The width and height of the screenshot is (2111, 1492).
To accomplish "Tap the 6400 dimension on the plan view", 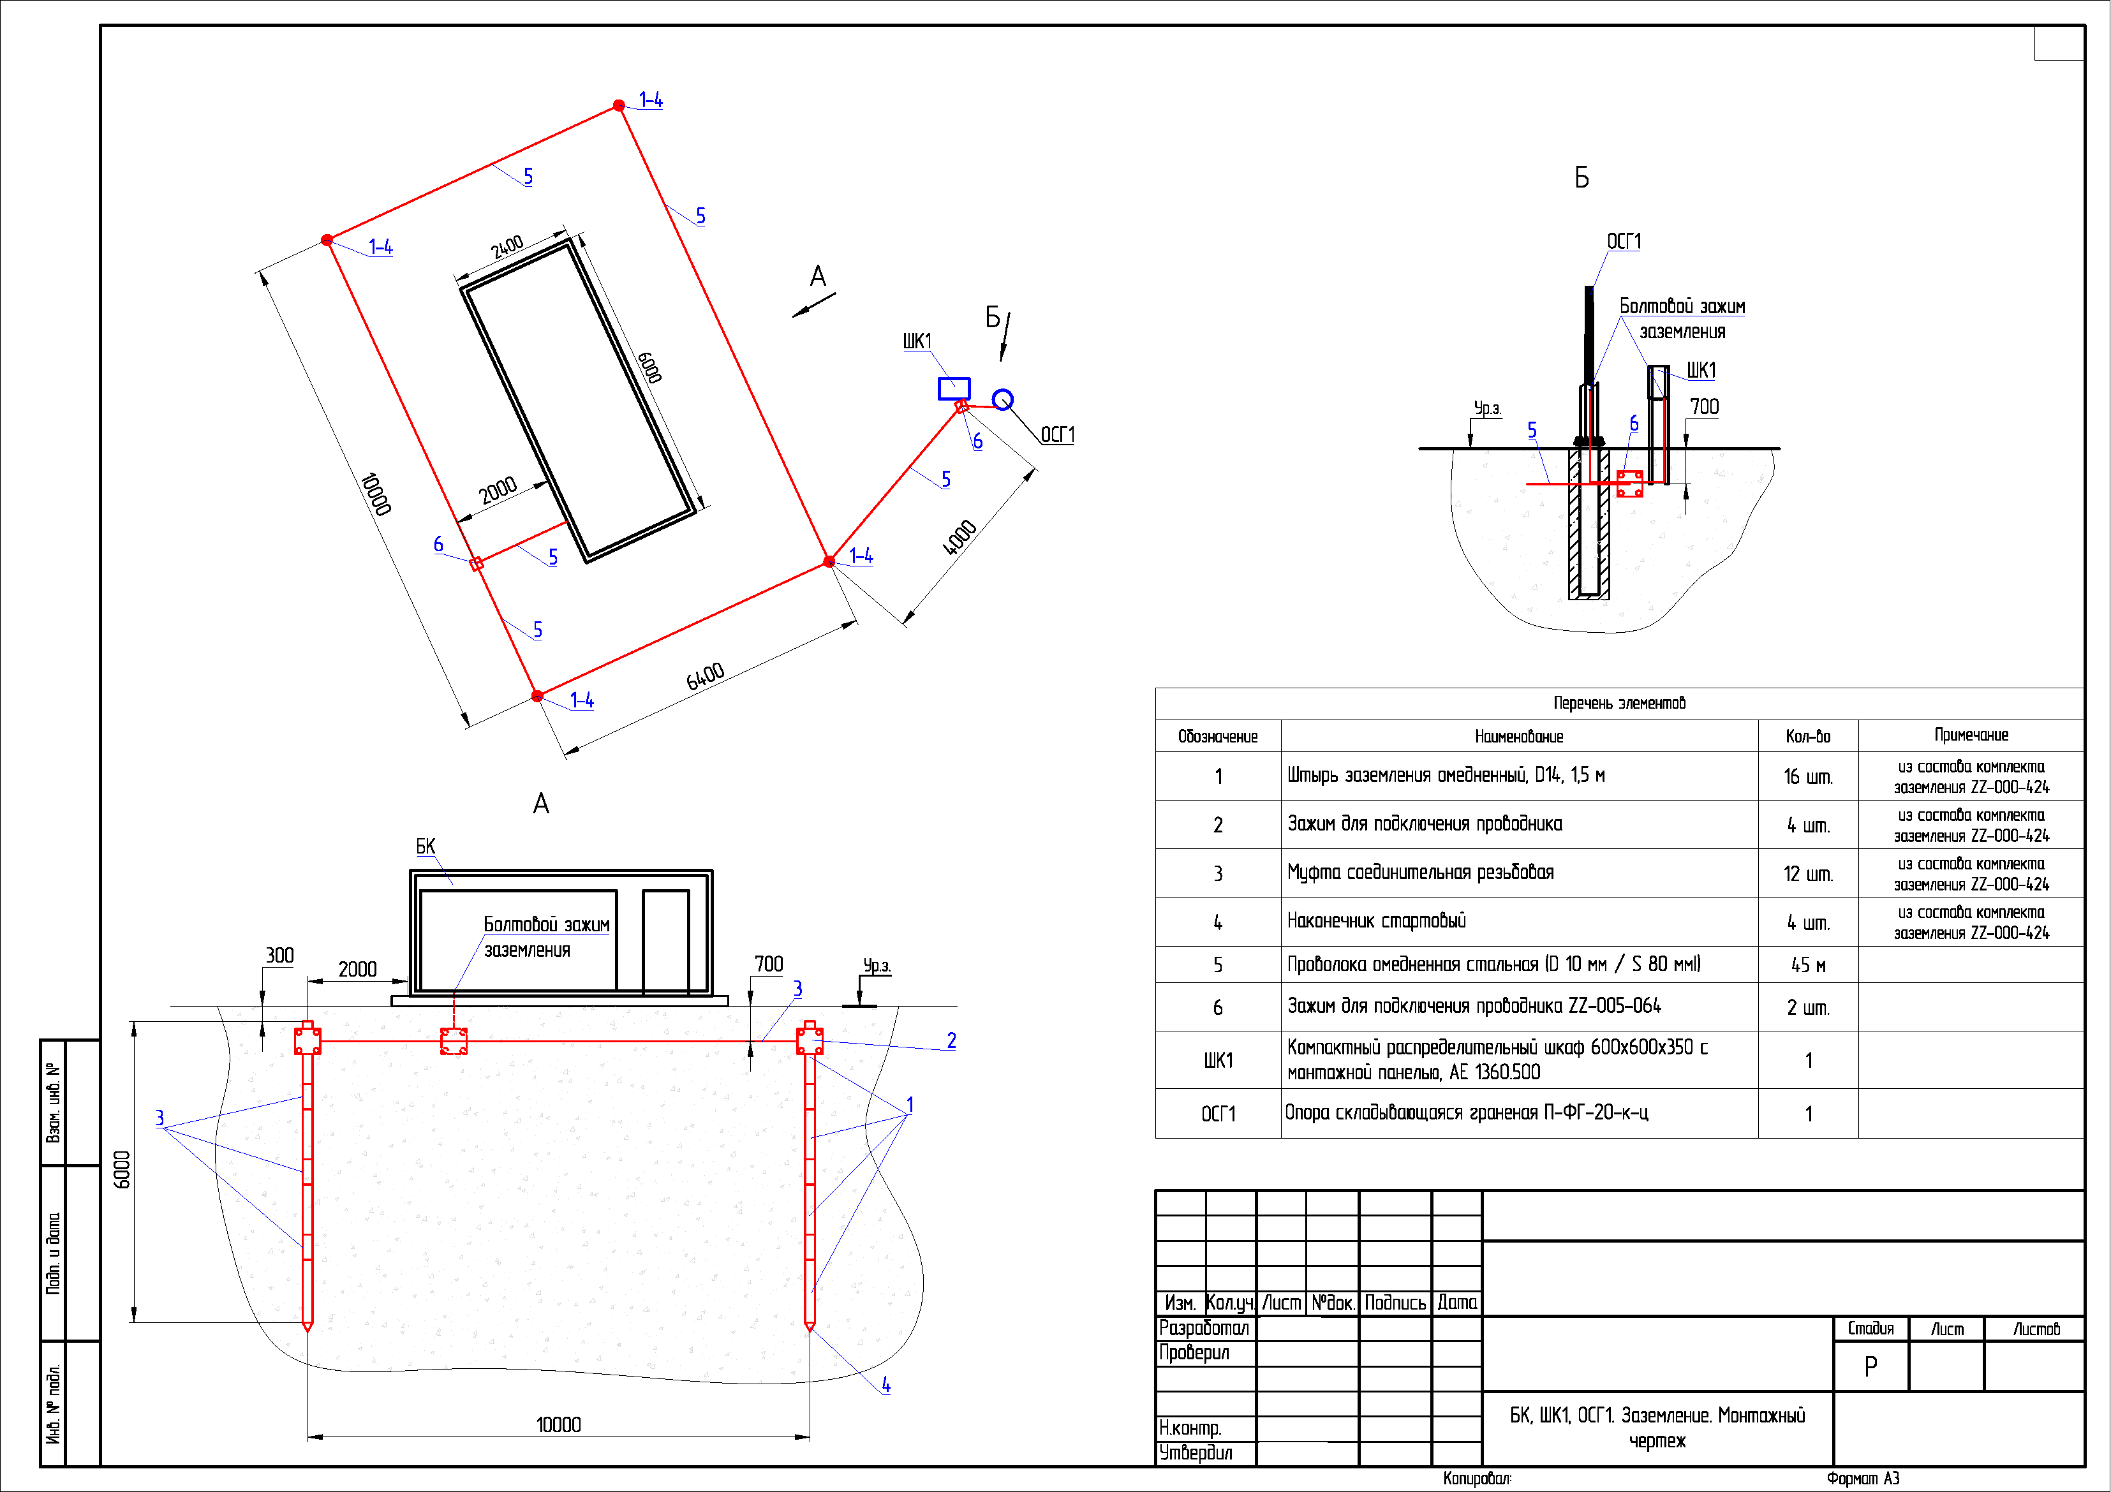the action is [x=705, y=677].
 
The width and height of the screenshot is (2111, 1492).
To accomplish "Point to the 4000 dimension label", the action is [x=959, y=538].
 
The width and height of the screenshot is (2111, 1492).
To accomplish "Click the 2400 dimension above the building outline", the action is [x=507, y=246].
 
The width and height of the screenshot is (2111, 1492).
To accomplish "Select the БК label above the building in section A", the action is [x=426, y=846].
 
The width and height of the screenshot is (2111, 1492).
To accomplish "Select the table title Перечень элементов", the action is [x=1619, y=703].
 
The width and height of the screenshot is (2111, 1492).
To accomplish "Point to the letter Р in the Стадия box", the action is [x=1870, y=1367].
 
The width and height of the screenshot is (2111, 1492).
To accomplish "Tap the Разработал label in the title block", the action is [x=1204, y=1328].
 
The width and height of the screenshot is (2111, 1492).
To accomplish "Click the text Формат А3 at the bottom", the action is [x=1863, y=1478].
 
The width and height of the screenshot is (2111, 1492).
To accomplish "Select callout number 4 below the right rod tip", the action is [x=885, y=1384].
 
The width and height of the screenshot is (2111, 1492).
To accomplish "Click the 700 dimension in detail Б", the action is [x=1704, y=406].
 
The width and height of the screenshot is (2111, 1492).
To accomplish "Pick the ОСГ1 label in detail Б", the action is [x=1624, y=241].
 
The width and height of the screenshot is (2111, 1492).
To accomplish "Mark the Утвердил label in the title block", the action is [x=1196, y=1452].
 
